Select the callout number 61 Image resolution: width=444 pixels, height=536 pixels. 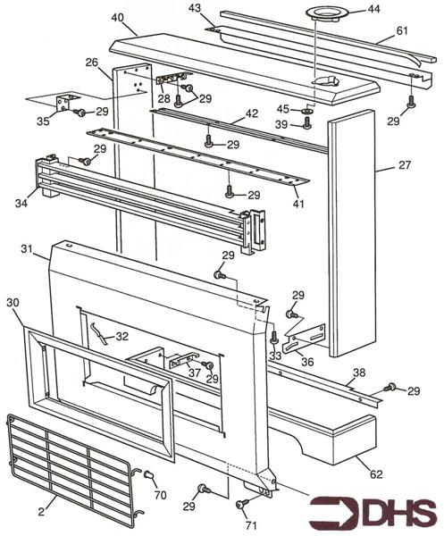[402, 31]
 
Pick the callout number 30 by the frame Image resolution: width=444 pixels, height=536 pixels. [13, 303]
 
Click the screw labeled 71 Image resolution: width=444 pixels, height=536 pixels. [243, 505]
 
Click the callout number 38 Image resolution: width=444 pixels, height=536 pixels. [358, 373]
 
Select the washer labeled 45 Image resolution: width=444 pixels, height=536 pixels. [306, 110]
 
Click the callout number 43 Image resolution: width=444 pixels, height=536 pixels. [195, 9]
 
